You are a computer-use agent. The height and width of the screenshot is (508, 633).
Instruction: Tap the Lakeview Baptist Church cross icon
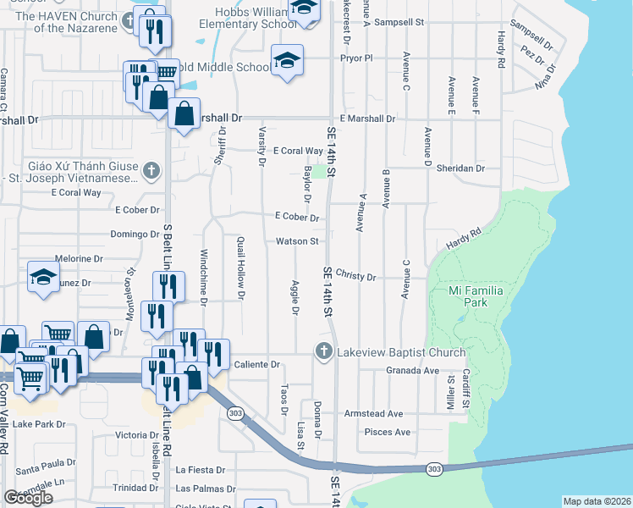[x=322, y=351]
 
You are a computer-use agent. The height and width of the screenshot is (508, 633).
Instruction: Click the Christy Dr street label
[x=355, y=275]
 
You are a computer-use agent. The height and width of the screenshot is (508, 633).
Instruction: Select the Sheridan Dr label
[x=460, y=168]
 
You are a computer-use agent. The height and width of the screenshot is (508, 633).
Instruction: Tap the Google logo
[x=28, y=498]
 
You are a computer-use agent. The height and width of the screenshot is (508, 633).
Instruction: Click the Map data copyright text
[x=596, y=501]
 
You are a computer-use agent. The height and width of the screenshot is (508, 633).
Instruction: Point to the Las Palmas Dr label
[x=206, y=489]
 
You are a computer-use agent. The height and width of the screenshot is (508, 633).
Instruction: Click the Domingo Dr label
[x=135, y=234]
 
